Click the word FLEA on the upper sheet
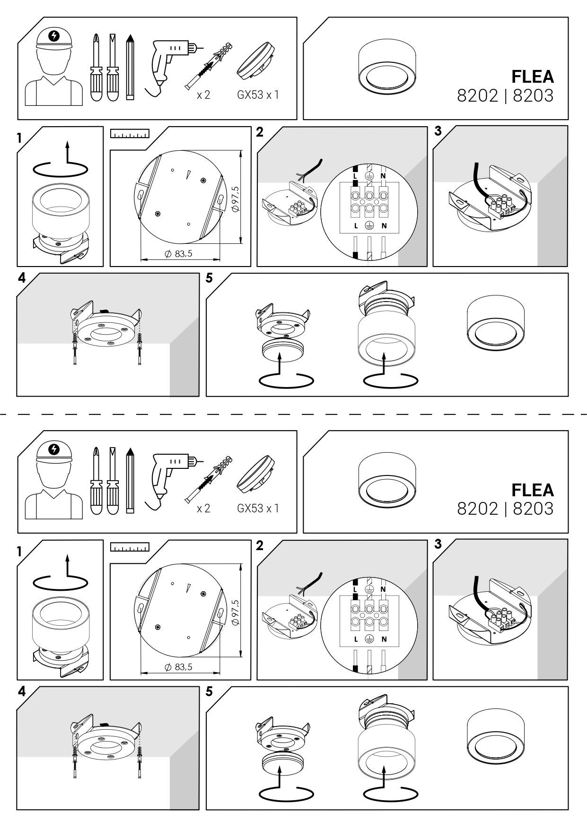pyautogui.click(x=532, y=77)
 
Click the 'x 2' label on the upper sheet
pyautogui.click(x=203, y=95)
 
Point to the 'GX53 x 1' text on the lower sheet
pyautogui.click(x=258, y=508)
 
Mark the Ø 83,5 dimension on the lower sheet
pyautogui.click(x=178, y=667)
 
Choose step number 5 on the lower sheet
pyautogui.click(x=209, y=691)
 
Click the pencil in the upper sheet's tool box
pyautogui.click(x=130, y=67)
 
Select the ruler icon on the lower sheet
pyautogui.click(x=130, y=547)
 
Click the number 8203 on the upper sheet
pyautogui.click(x=533, y=96)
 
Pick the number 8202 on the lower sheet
pyautogui.click(x=478, y=509)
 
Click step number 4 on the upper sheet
pyautogui.click(x=21, y=278)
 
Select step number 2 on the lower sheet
pyautogui.click(x=259, y=545)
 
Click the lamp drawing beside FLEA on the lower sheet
pyautogui.click(x=386, y=482)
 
